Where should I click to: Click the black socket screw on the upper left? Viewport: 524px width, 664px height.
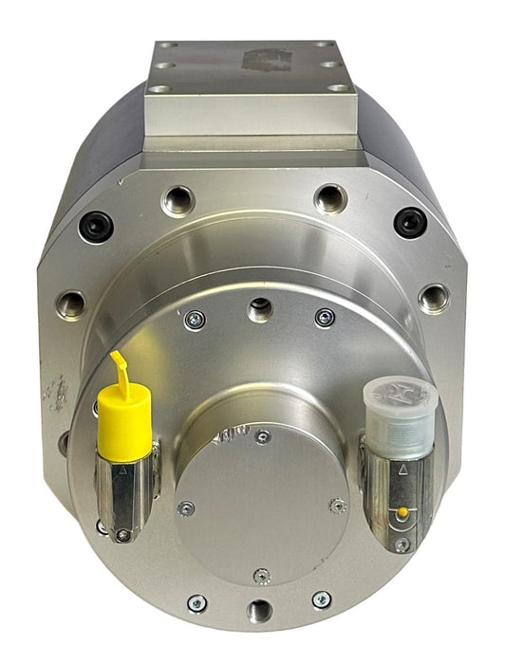click(97, 226)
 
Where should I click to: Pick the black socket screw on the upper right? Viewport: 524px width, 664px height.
click(410, 222)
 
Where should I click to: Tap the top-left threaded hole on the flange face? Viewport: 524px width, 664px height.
click(178, 200)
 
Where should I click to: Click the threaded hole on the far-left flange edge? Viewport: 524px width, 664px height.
click(70, 304)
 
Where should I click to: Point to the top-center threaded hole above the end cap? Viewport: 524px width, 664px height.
click(257, 307)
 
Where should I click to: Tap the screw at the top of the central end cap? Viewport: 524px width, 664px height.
click(263, 437)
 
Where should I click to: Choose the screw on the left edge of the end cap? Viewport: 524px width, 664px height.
click(187, 508)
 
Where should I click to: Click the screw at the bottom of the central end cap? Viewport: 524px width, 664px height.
click(262, 576)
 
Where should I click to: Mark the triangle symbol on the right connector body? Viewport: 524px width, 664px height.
click(402, 469)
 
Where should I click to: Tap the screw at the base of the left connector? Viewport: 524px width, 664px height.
click(122, 536)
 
